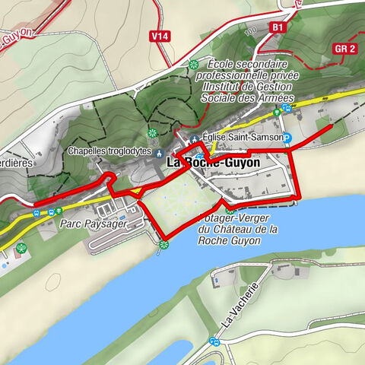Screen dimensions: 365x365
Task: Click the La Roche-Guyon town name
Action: point(213,163)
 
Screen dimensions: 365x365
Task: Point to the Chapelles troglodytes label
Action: point(109,151)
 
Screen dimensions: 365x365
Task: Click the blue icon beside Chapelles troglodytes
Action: point(158,151)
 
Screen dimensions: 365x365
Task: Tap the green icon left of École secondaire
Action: point(194,65)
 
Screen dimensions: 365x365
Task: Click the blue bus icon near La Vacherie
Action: point(215,342)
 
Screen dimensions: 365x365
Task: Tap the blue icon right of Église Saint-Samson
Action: point(288,138)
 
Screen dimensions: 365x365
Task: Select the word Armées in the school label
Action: point(272,98)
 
